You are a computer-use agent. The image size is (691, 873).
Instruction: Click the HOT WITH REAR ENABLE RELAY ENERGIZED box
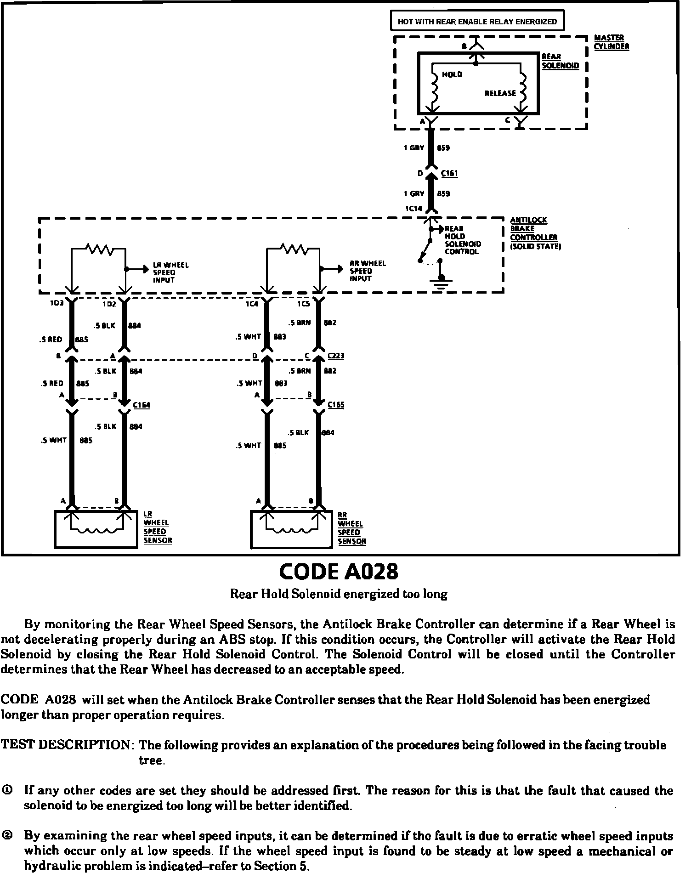click(477, 21)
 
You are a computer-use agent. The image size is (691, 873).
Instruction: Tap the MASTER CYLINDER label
click(611, 42)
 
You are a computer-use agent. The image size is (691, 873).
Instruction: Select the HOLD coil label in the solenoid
click(452, 74)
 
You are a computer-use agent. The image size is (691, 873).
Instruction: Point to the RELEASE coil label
click(500, 93)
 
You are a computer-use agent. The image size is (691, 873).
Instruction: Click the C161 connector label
click(449, 174)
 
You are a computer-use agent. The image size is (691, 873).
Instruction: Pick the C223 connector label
click(336, 356)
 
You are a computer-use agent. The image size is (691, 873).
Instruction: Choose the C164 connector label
click(142, 405)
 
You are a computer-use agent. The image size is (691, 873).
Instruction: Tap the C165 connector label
click(336, 405)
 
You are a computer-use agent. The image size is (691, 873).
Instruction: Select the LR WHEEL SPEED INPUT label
click(170, 272)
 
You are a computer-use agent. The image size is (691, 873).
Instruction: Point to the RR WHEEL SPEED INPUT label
click(368, 271)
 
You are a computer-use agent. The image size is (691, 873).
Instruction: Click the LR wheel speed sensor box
click(96, 529)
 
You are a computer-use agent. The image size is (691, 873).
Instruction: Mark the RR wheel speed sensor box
click(291, 529)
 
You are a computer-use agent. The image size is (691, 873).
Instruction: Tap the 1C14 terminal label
click(413, 209)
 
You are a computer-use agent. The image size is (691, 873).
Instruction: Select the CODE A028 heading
click(339, 572)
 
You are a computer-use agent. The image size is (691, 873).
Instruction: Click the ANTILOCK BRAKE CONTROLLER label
click(533, 233)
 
